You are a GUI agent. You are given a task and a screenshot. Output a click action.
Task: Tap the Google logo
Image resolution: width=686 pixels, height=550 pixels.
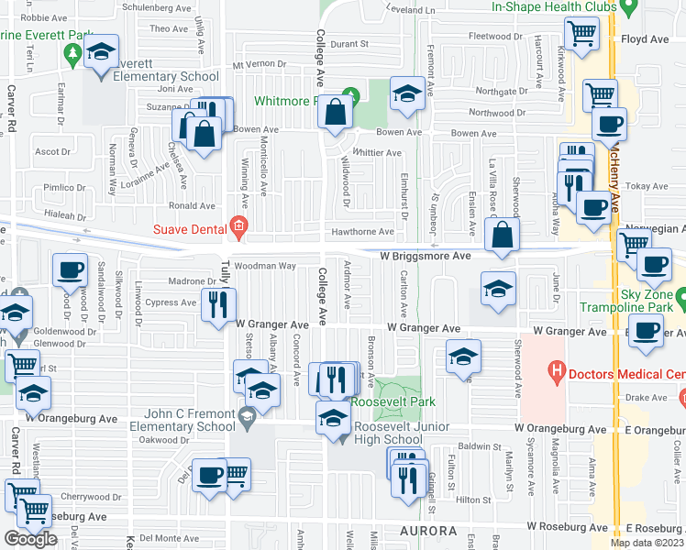[x=30, y=539]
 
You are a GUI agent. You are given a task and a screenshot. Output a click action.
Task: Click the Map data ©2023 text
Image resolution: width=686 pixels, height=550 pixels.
[x=647, y=544]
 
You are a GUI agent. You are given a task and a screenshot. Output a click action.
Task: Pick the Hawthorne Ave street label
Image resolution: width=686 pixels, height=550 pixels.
[x=363, y=233]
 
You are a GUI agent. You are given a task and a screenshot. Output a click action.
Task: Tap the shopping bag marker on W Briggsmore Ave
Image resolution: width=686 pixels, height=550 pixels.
[x=503, y=235]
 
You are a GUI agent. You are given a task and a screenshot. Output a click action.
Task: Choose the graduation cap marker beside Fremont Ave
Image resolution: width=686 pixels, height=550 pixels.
[x=407, y=93]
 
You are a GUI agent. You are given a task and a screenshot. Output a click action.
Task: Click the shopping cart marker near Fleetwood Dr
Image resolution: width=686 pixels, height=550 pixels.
[x=581, y=35]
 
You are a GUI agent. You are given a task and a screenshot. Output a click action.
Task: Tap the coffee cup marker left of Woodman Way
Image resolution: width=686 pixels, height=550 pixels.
[x=70, y=270]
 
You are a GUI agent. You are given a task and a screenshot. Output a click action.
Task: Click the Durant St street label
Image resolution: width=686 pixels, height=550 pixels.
[x=349, y=43]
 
